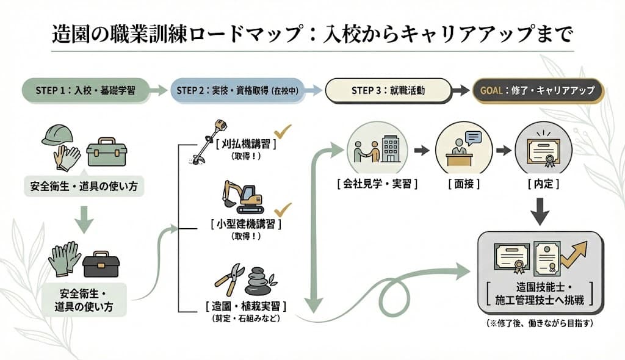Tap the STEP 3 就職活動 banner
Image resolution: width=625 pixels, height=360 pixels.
[388, 90]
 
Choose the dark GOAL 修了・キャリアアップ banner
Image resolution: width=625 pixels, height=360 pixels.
[538, 90]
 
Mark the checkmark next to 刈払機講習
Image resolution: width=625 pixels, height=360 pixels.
[282, 131]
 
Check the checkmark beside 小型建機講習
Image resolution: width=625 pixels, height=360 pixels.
[283, 211]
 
